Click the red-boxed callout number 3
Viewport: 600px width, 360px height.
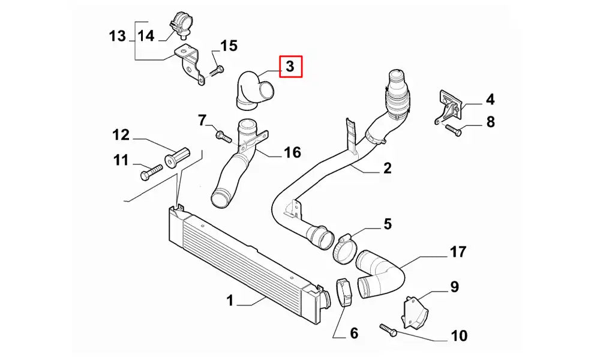[x=290, y=67]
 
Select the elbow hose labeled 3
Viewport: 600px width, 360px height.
[x=253, y=91]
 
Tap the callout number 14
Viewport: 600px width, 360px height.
[x=146, y=35]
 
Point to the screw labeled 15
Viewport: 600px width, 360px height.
[x=217, y=70]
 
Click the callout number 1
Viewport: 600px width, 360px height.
[x=229, y=301]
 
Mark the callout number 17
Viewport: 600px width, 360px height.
[x=458, y=252]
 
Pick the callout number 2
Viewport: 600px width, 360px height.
[x=387, y=168]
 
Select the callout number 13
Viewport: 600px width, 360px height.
[x=118, y=35]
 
